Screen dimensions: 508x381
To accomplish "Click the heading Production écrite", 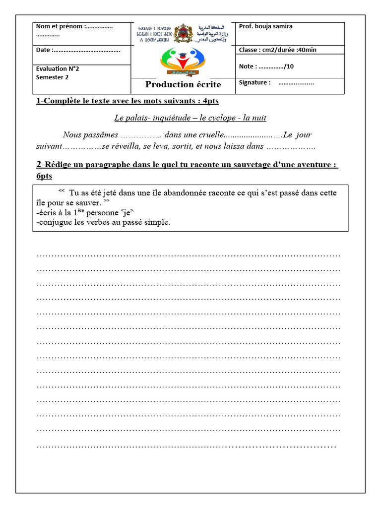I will (x=183, y=85).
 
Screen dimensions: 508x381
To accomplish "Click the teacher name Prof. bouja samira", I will (x=265, y=26).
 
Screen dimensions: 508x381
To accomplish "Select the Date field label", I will (x=44, y=50).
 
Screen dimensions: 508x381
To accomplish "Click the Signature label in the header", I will (x=254, y=83).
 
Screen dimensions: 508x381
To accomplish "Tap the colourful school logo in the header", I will (x=183, y=61).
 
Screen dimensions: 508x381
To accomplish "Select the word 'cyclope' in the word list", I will (x=220, y=118).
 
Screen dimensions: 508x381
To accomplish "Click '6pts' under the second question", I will (x=44, y=176).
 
